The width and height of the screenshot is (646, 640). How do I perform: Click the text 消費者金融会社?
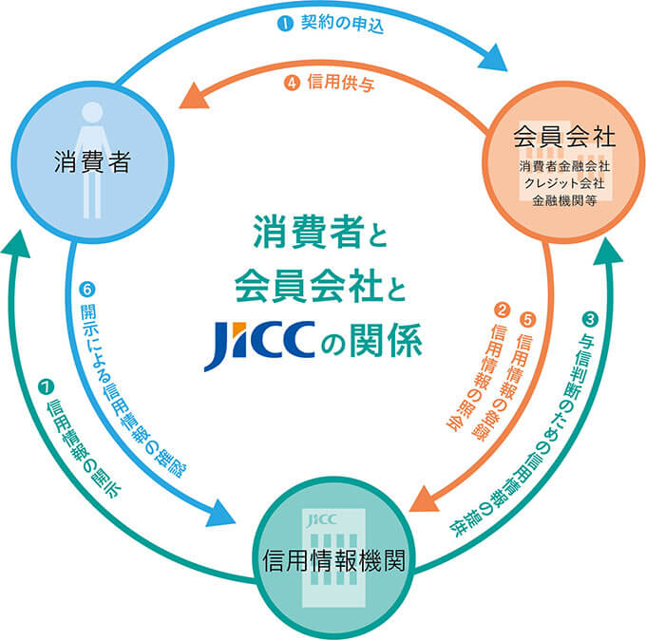(x=564, y=167)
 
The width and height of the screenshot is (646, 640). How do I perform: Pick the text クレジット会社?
(x=564, y=185)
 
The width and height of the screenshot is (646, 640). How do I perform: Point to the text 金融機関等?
(x=564, y=202)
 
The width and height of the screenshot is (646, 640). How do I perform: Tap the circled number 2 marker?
(x=502, y=310)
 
